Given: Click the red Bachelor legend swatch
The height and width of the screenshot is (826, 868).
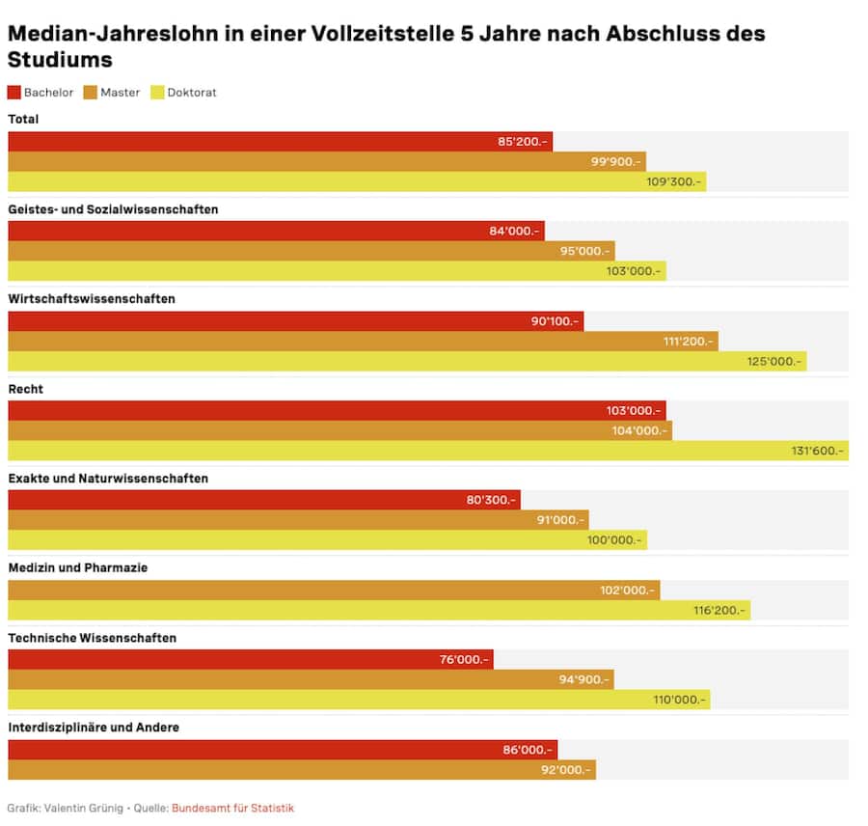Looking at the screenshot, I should coord(14,93).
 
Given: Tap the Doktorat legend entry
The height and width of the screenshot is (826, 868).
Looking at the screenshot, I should coord(191,93).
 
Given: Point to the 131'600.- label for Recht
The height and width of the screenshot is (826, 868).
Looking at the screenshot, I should coord(816,451).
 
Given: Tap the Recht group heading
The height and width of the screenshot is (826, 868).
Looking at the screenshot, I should coord(25,389).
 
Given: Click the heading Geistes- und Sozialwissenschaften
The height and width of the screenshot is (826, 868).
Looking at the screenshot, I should coord(113,209).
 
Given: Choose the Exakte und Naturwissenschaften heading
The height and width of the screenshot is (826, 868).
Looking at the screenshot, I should coord(108,479).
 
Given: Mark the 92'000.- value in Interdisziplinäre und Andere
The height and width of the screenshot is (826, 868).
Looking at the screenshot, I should coord(564,770).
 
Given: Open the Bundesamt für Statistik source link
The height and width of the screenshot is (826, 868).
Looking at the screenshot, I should coord(232,808).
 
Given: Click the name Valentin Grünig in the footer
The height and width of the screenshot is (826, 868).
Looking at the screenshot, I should coord(84,808).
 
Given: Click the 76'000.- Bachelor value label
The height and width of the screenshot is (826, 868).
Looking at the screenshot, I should coord(464,660).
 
